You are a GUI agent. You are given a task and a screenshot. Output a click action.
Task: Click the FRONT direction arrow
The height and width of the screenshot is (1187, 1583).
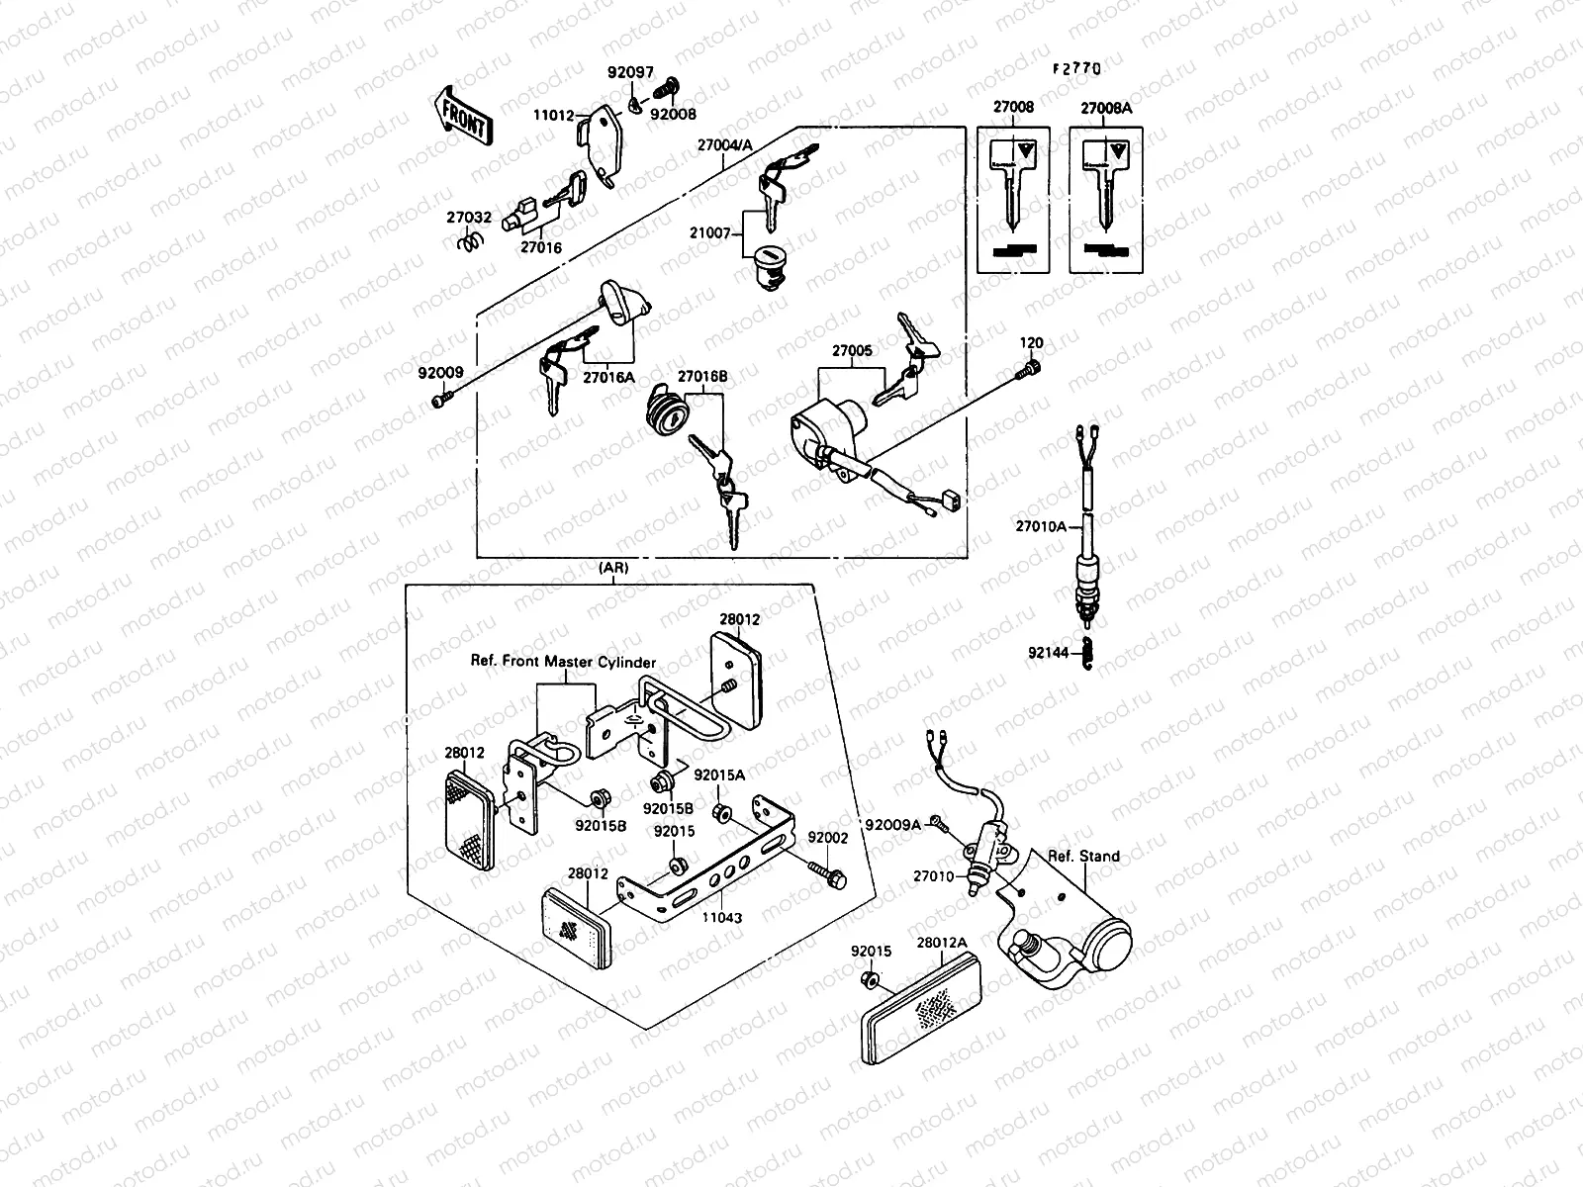[460, 117]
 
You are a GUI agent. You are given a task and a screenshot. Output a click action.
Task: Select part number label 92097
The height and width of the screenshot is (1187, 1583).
[629, 72]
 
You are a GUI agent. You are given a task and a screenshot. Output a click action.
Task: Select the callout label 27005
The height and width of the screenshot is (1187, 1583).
[851, 350]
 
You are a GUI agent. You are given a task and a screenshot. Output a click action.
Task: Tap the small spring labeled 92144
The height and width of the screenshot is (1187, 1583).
[1087, 654]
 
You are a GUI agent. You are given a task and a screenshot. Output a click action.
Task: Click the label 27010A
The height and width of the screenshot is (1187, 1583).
[1041, 526]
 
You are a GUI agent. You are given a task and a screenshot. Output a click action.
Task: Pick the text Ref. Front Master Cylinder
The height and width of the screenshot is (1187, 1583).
[563, 663]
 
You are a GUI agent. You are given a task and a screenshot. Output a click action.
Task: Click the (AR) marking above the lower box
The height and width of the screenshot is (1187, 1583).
[613, 569]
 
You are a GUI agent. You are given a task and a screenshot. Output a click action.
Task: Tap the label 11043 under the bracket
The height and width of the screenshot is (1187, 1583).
[722, 918]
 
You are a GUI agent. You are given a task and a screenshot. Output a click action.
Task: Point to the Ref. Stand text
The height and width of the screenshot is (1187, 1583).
[1084, 857]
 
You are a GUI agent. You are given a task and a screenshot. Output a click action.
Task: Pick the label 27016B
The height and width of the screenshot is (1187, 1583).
[701, 376]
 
